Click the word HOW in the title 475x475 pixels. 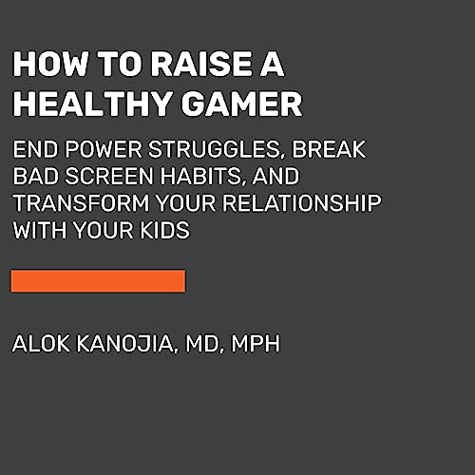point(42,66)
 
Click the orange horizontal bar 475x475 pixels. point(98,280)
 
